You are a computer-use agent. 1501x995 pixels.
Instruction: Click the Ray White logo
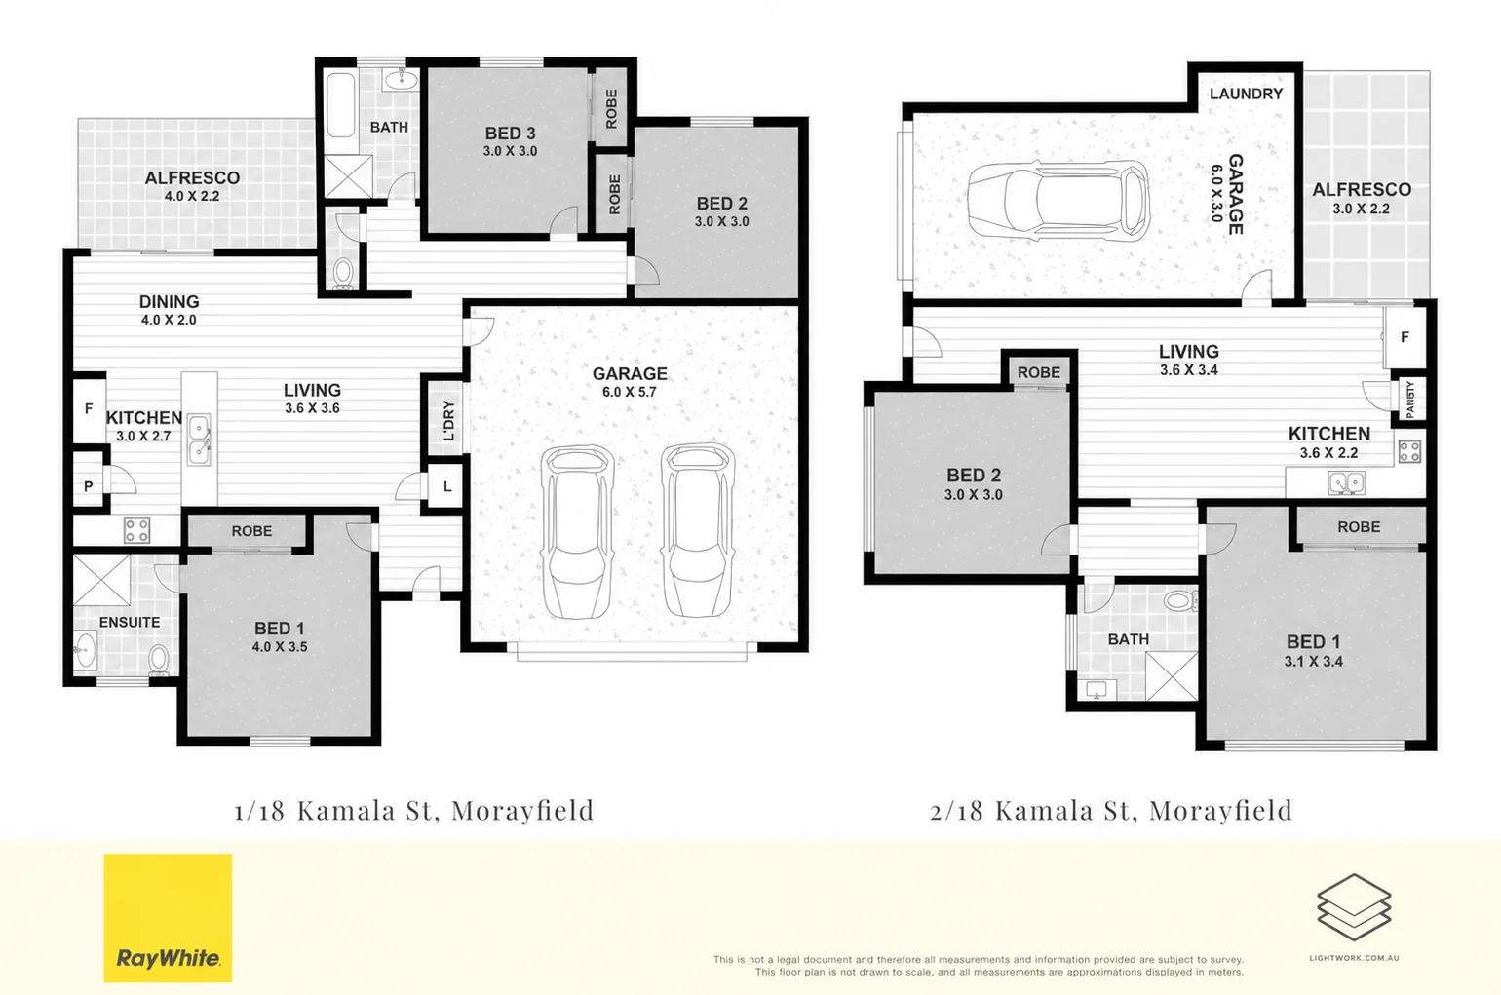click(x=168, y=917)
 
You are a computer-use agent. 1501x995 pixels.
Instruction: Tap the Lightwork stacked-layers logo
click(x=1354, y=906)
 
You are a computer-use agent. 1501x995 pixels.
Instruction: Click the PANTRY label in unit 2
click(x=1409, y=400)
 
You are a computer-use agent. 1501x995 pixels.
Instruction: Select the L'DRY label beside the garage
click(x=449, y=420)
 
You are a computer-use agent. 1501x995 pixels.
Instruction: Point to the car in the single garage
click(x=1058, y=199)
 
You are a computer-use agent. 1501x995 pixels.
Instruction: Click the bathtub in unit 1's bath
click(x=340, y=105)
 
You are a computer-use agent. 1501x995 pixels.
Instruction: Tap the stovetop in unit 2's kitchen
click(x=1409, y=451)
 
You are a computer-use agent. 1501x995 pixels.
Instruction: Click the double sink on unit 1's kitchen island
click(x=199, y=439)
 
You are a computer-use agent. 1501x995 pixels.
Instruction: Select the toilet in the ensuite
click(x=159, y=660)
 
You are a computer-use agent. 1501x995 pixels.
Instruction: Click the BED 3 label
click(x=510, y=134)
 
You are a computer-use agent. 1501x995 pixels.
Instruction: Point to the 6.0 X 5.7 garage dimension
click(x=630, y=392)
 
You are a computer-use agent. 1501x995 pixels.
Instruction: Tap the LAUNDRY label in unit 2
click(x=1246, y=94)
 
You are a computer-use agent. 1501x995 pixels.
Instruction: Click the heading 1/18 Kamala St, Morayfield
click(x=414, y=810)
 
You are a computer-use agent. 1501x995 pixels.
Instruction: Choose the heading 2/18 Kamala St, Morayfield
click(x=1112, y=810)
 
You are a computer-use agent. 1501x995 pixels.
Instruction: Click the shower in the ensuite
click(x=101, y=580)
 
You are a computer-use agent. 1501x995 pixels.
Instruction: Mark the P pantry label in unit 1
click(x=89, y=486)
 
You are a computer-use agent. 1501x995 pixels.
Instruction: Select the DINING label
click(x=169, y=301)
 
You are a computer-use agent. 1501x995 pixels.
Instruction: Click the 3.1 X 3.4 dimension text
click(x=1314, y=662)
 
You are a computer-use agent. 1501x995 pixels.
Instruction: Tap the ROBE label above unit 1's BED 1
click(x=251, y=531)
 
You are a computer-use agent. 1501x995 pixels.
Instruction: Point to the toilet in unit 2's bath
click(x=1180, y=599)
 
